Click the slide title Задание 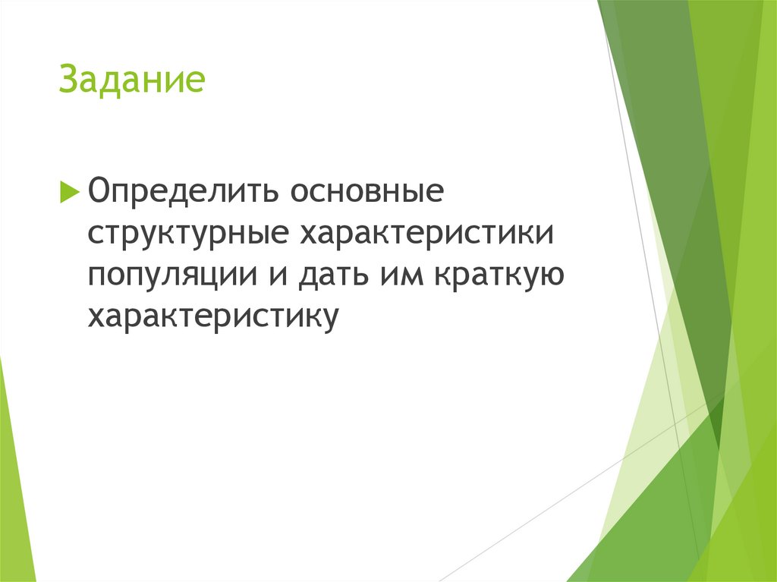point(132,80)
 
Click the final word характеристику point(212,317)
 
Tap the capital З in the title point(68,80)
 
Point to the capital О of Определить point(100,190)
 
